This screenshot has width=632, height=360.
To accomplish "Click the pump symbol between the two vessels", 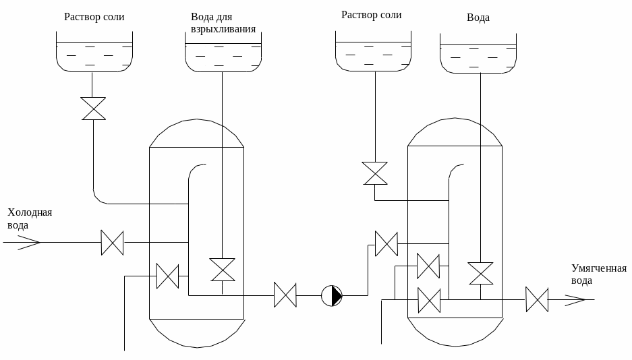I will coord(331,295).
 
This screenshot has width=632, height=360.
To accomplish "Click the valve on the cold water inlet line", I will coord(112,242).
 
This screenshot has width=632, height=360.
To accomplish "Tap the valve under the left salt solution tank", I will coord(93,109).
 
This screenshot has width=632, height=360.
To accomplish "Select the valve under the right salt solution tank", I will coord(374,173).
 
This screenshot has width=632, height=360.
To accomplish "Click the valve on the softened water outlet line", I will coord(537,299).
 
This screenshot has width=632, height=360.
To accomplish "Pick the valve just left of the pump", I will coord(285,295).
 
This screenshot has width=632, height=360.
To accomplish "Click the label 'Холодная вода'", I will coord(29,219).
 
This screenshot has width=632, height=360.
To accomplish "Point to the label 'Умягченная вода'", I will coord(599,274).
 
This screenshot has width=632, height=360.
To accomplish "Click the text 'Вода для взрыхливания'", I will coord(223,22).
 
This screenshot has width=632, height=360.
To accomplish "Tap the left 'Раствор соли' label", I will coord(94,17).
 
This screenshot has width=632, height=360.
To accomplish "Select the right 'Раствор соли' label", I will coord(372,15).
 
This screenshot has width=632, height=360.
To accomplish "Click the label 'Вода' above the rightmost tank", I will coord(478,18).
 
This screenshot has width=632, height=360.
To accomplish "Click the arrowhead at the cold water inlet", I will coord(30,242).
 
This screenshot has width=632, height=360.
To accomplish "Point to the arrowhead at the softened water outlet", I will coord(575,299).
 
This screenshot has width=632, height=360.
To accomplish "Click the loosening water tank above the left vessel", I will coord(223,57).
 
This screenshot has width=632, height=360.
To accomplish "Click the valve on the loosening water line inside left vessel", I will coord(222,270).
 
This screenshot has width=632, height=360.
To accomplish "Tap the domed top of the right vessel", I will coord(455,131).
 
